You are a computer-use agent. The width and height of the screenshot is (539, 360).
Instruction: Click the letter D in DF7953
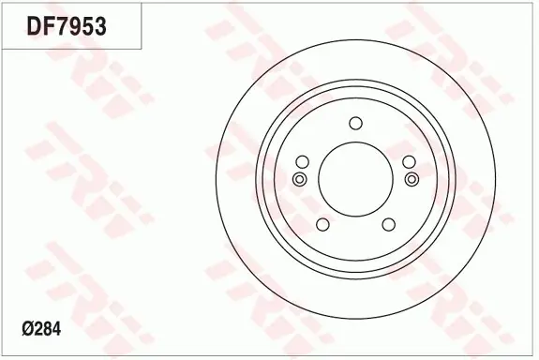pyautogui.click(x=35, y=26)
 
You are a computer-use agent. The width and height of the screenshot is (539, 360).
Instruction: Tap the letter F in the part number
pyautogui.click(x=49, y=26)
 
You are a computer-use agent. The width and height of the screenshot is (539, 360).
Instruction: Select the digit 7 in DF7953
pyautogui.click(x=62, y=26)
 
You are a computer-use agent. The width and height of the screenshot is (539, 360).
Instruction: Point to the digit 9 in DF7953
pyautogui.click(x=75, y=26)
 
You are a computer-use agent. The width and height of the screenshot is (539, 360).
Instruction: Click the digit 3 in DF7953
pyautogui.click(x=100, y=26)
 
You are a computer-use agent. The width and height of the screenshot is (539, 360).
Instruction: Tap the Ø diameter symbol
pyautogui.click(x=28, y=329)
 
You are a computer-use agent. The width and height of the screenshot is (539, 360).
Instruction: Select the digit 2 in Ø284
pyautogui.click(x=38, y=329)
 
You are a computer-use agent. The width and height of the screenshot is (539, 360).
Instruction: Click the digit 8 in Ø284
pyautogui.click(x=48, y=329)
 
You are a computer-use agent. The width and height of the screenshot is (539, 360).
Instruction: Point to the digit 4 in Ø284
pyautogui.click(x=57, y=329)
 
